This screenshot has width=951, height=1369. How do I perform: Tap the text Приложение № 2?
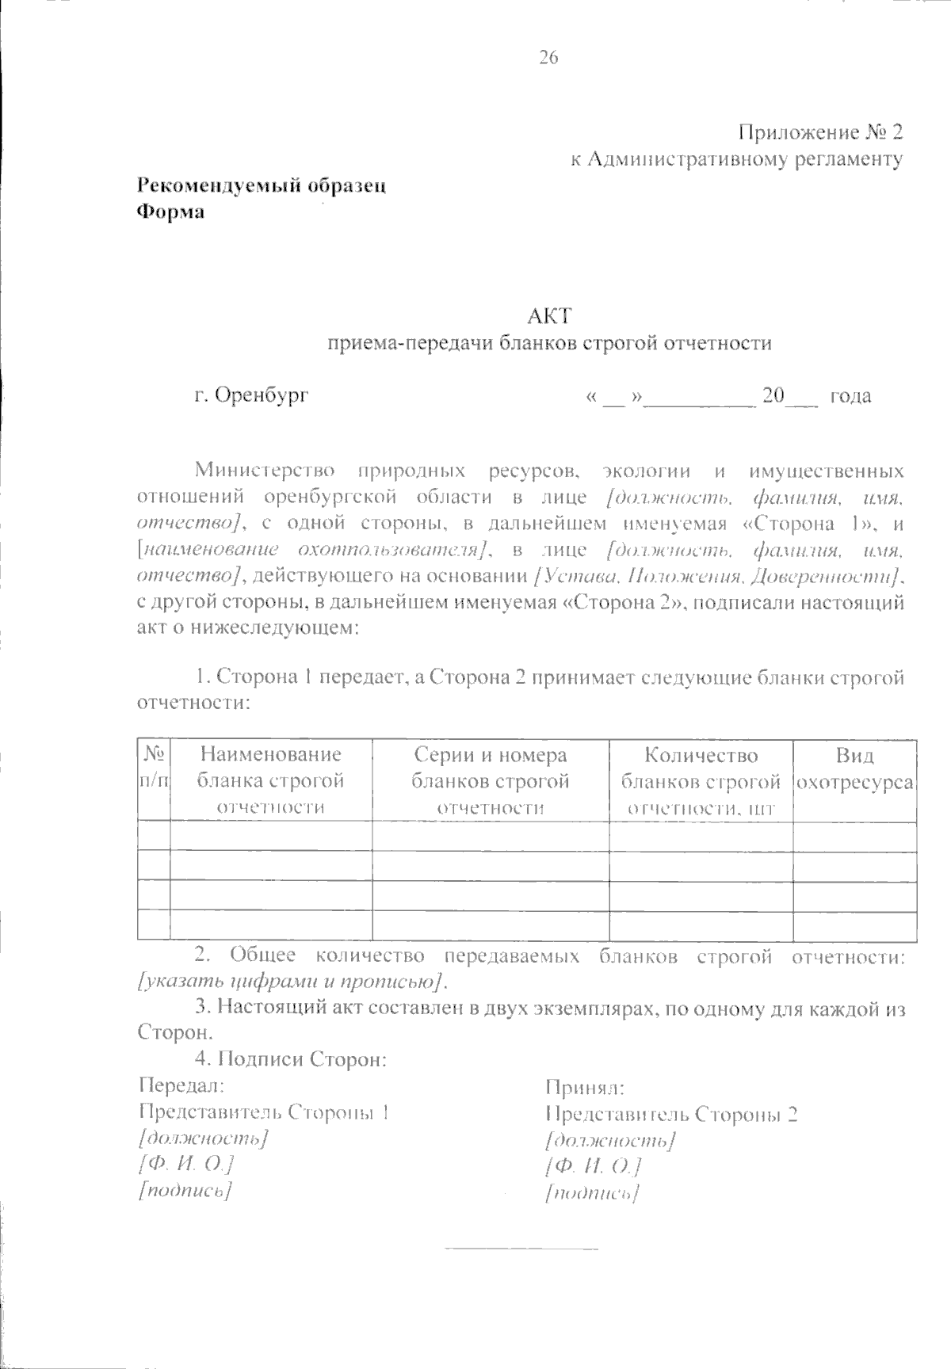(x=819, y=132)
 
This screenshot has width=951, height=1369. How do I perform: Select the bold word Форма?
(x=171, y=212)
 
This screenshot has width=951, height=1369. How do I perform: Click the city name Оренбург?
(x=262, y=395)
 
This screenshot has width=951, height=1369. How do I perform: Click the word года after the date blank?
(x=850, y=395)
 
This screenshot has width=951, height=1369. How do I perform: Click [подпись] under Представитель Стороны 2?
(x=593, y=1193)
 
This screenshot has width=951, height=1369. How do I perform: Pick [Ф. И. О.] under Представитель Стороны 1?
(x=185, y=1164)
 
